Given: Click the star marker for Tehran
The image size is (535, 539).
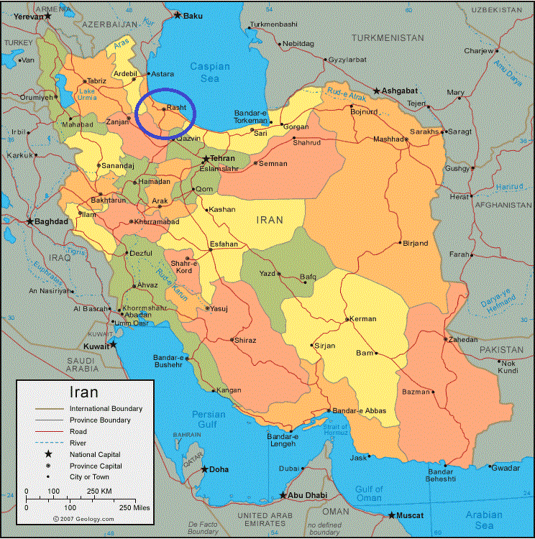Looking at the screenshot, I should [206, 159].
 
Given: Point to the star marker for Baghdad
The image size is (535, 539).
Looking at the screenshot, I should [30, 221].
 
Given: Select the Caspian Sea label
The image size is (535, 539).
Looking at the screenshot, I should [210, 72].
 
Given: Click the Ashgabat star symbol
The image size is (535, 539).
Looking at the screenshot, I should [376, 91].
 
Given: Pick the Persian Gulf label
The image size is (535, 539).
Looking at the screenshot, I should [209, 420].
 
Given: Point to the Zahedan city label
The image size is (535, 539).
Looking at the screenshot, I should [462, 339].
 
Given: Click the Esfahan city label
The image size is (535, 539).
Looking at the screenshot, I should [223, 244].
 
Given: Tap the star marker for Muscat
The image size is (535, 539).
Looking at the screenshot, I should [392, 515].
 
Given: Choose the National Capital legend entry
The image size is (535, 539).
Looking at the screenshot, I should [95, 454].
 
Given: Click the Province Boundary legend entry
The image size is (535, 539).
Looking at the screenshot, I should [100, 420].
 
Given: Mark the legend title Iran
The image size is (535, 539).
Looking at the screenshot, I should [83, 392].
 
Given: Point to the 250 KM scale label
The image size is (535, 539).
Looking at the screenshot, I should [99, 491].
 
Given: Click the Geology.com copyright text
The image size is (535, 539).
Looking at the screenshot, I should [83, 518].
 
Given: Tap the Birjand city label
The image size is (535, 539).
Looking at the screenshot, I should [416, 243].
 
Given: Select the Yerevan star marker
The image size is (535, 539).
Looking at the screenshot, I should [47, 16].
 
